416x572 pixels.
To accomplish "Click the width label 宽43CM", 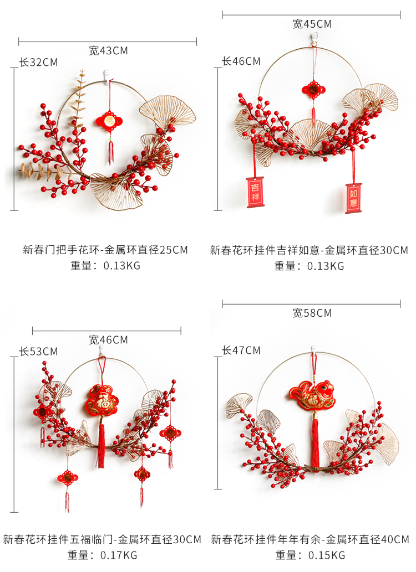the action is pos(108,51).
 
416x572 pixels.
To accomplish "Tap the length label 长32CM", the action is pos(38,62).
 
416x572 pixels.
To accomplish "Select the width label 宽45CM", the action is pos(312,24).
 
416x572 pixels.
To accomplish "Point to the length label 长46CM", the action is pos(241,61).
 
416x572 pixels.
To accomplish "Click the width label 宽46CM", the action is pos(108,339).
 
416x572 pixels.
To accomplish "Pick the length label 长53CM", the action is pos(38,351).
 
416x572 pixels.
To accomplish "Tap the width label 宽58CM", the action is pos(312,313).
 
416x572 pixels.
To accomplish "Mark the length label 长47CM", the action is pos(241,350).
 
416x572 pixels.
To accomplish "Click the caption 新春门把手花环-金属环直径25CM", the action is pos(105,250).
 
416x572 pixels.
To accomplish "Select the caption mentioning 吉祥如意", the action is pos(309,250).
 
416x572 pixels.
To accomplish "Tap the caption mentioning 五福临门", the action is pos(102,539).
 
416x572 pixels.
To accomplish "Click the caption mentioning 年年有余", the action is pos(310,539).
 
